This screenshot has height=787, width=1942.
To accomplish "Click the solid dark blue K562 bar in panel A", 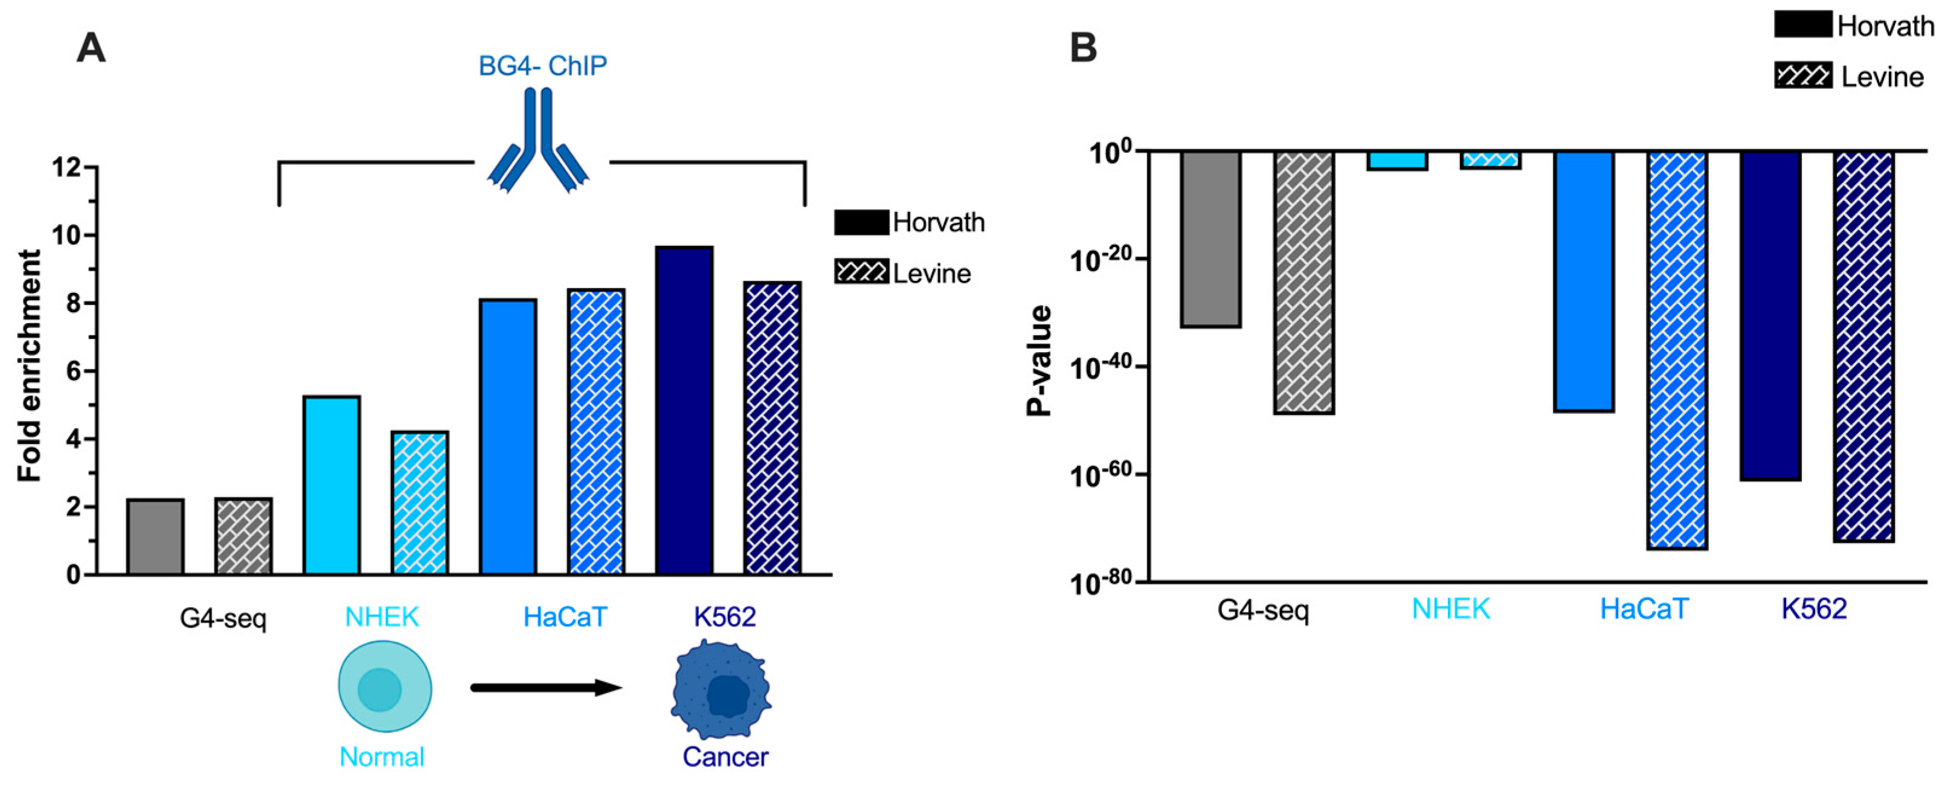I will coord(684,411).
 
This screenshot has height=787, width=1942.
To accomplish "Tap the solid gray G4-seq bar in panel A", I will coord(155,537).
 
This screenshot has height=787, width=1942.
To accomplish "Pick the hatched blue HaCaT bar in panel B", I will coord(1678,350).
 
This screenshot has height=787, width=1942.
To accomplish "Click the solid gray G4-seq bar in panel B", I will coord(1211,239).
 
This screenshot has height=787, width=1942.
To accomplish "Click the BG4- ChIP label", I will coord(543,66).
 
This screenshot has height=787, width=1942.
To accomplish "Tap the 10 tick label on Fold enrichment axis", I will coord(67,235).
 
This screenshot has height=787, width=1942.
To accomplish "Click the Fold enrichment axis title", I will coord(30,367).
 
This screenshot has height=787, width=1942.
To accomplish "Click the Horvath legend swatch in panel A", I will coord(861,222).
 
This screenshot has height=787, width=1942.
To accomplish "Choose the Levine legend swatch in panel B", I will coord(1802,77).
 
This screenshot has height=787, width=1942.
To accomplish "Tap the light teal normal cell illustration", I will coord(385,687).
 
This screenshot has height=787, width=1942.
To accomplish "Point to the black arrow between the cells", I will coord(546,687).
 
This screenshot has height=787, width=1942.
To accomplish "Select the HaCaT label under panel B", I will coord(1644,609).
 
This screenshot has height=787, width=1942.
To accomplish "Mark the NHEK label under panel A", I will coord(382,617).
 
